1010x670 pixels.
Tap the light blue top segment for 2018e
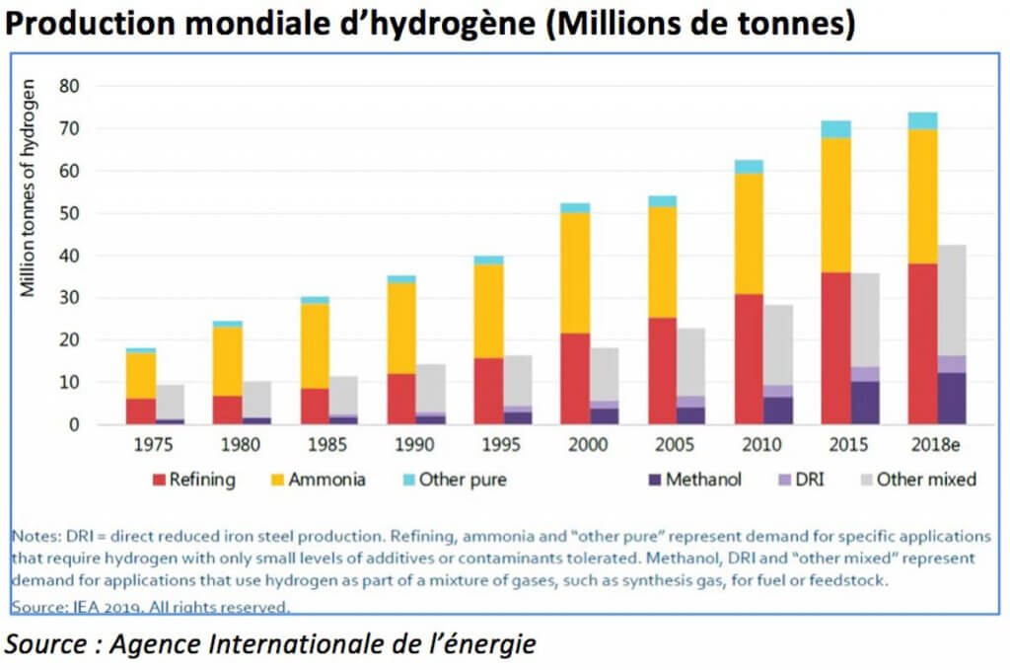pyautogui.click(x=922, y=120)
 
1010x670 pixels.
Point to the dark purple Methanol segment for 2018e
pyautogui.click(x=922, y=399)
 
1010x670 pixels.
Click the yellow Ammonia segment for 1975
pyautogui.click(x=141, y=375)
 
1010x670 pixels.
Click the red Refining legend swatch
pyautogui.click(x=159, y=480)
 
